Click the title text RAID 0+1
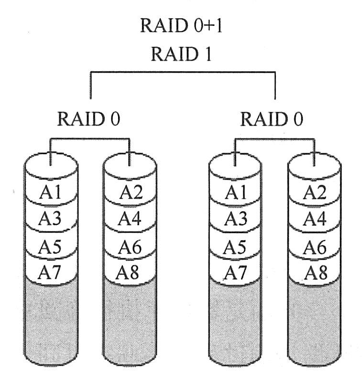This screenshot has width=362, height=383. pos(181,25)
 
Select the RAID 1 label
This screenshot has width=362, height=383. pos(181,54)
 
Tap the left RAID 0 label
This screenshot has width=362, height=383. pos(88,119)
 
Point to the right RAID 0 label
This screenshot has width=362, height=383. pos(272,119)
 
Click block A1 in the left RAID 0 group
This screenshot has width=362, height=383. pos(50,192)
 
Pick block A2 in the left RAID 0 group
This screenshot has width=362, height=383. pos(130,192)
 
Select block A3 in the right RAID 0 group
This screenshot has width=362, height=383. pos(235,219)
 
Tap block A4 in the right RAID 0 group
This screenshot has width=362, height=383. pos(315,219)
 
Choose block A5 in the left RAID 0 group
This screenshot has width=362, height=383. pos(50,247)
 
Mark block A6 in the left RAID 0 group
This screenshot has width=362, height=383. pos(130,247)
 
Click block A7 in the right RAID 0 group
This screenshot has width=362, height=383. pos(235,273)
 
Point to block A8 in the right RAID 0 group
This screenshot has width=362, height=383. pos(315,273)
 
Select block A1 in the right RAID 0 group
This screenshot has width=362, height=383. pos(235,192)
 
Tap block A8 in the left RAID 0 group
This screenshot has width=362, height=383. pos(130,273)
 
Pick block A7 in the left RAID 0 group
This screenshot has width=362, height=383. pos(50,273)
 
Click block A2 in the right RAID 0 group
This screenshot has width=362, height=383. pos(315,192)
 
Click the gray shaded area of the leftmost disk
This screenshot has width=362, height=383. pos(50,320)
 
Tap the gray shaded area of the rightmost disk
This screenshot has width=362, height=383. pos(315,320)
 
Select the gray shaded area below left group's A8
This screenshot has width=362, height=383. pos(130,320)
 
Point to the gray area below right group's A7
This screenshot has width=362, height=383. pos(235,320)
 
